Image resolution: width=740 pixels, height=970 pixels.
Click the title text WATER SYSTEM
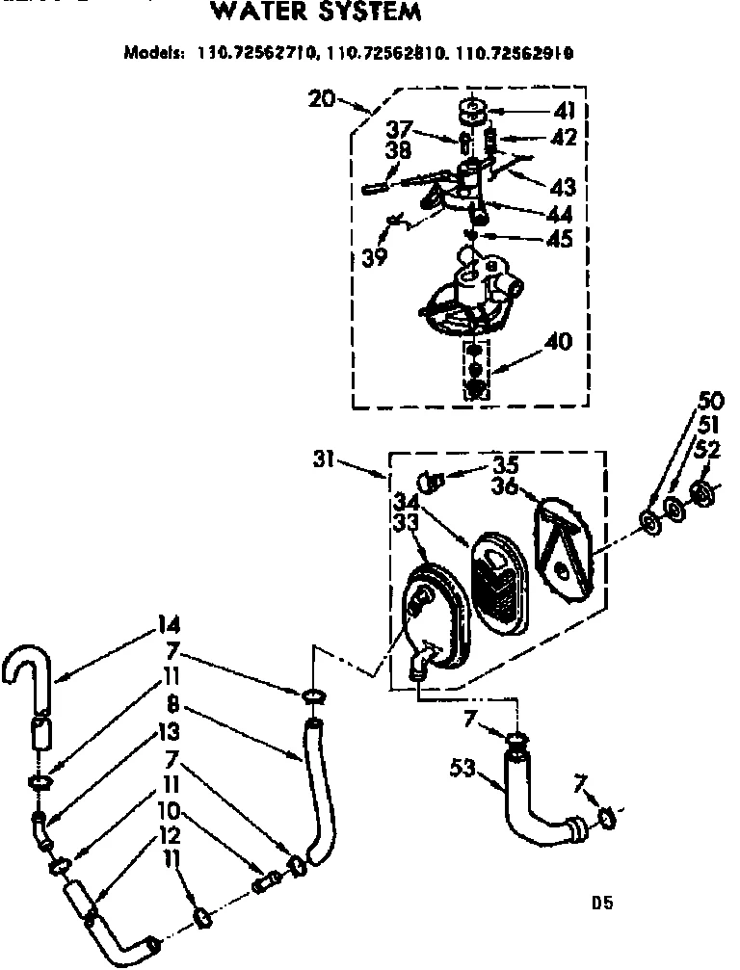tap(315, 13)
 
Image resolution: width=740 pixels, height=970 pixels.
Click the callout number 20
tap(322, 98)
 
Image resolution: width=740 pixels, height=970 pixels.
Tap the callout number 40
tap(559, 341)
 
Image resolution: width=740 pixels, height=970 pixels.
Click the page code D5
tap(602, 903)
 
